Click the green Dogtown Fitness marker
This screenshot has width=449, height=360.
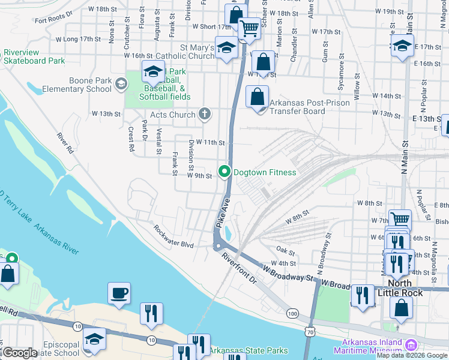point(225,172)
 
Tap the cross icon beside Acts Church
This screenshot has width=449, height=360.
point(205,114)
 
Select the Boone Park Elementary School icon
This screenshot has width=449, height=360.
point(121,84)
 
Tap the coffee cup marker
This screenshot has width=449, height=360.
point(119,293)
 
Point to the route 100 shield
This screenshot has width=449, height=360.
point(292,314)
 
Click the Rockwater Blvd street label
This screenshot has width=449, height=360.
point(173,236)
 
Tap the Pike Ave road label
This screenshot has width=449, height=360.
point(222,212)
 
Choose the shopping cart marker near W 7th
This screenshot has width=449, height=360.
point(400,220)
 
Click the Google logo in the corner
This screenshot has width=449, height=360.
point(20,353)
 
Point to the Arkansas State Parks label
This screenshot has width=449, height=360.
point(249,350)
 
